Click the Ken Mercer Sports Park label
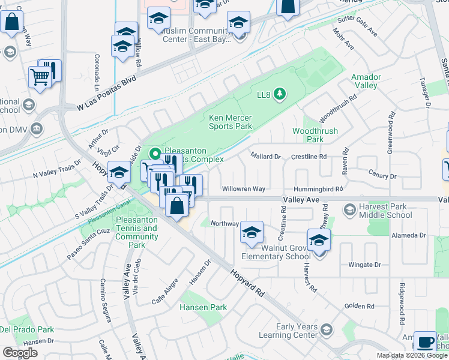231,122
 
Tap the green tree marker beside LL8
279,94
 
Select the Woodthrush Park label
315,135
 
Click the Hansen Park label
203,307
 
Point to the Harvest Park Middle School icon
349,209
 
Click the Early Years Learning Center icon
327,329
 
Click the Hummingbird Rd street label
318,188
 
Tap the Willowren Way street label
244,188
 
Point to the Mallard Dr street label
266,157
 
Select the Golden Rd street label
360,306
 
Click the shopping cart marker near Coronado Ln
40,77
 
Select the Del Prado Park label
27,329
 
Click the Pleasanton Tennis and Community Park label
137,232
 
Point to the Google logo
20,353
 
